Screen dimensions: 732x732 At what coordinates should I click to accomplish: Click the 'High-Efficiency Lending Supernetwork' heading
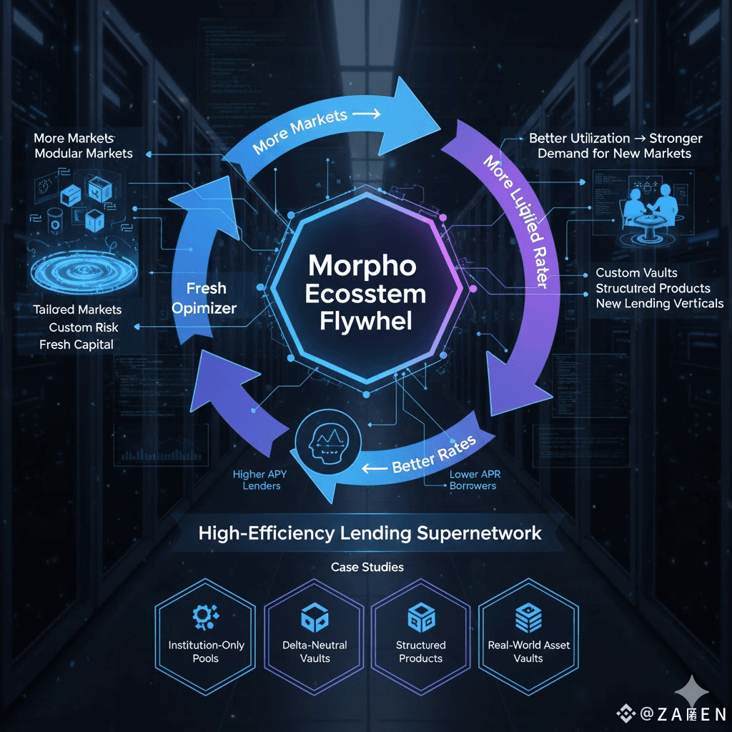(x=370, y=533)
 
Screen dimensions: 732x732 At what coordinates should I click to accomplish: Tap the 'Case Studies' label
(x=367, y=567)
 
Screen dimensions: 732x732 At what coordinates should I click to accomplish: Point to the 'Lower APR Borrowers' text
(x=473, y=480)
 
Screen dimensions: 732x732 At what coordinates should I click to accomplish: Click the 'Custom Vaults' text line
(x=636, y=272)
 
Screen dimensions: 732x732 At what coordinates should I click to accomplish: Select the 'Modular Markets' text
(x=84, y=153)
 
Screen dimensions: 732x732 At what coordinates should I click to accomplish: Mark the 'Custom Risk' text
(x=84, y=327)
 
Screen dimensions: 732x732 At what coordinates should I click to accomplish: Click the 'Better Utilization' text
(x=579, y=138)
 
